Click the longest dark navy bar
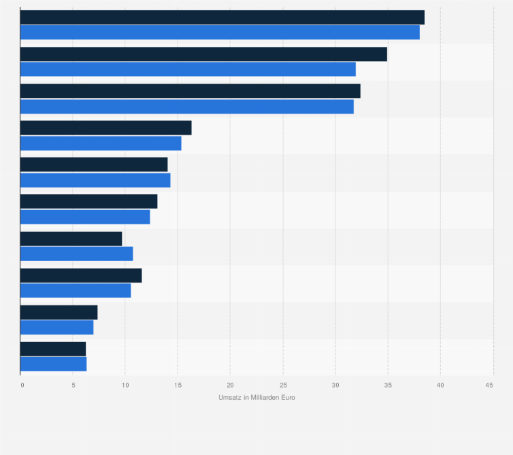point(222,18)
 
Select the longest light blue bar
point(220,33)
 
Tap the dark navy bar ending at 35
point(203,54)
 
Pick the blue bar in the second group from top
point(188,69)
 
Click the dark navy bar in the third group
point(190,91)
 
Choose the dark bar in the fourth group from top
point(105,128)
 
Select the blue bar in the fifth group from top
point(95,180)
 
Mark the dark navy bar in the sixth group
point(88,201)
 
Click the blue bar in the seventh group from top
point(76,254)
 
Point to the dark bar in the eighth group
point(81,275)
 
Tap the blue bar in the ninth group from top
point(56,327)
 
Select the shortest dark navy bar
point(53,349)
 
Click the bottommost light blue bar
point(53,364)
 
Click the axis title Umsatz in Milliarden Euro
point(256,398)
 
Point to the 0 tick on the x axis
point(22,386)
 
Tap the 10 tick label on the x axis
point(125,386)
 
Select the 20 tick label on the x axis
point(230,386)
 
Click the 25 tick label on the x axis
point(282,386)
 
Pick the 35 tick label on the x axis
point(387,386)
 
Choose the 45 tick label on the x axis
point(489,386)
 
